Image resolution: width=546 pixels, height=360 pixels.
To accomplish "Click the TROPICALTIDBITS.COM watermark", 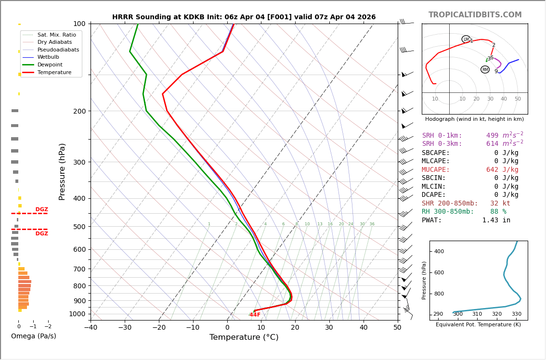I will tap(475, 15).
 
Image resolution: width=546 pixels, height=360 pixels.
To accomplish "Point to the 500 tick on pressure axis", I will tap(79, 227).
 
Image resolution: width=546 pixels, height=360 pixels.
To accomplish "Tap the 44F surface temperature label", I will tap(255, 315).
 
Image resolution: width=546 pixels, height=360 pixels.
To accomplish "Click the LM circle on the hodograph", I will tap(466, 39).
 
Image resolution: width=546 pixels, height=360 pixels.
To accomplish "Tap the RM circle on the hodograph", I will tap(485, 70).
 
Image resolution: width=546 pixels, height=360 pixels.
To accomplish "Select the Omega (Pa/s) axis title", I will tap(33, 336).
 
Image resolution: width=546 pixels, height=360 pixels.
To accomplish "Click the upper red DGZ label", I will tap(41, 210).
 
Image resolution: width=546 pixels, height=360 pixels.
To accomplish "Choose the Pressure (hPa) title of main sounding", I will tap(63, 171).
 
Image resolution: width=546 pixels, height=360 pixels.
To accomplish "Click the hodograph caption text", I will tap(474, 119).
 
